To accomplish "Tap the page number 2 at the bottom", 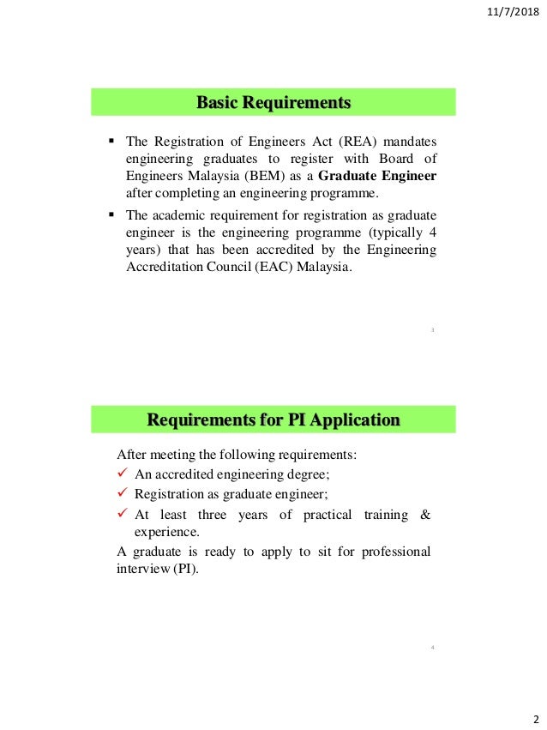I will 535,718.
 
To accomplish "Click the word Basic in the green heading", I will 216,104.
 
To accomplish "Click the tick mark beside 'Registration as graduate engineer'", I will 122,495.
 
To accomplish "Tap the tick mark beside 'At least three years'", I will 122,514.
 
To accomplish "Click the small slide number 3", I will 433,329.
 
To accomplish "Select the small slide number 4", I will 433,647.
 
